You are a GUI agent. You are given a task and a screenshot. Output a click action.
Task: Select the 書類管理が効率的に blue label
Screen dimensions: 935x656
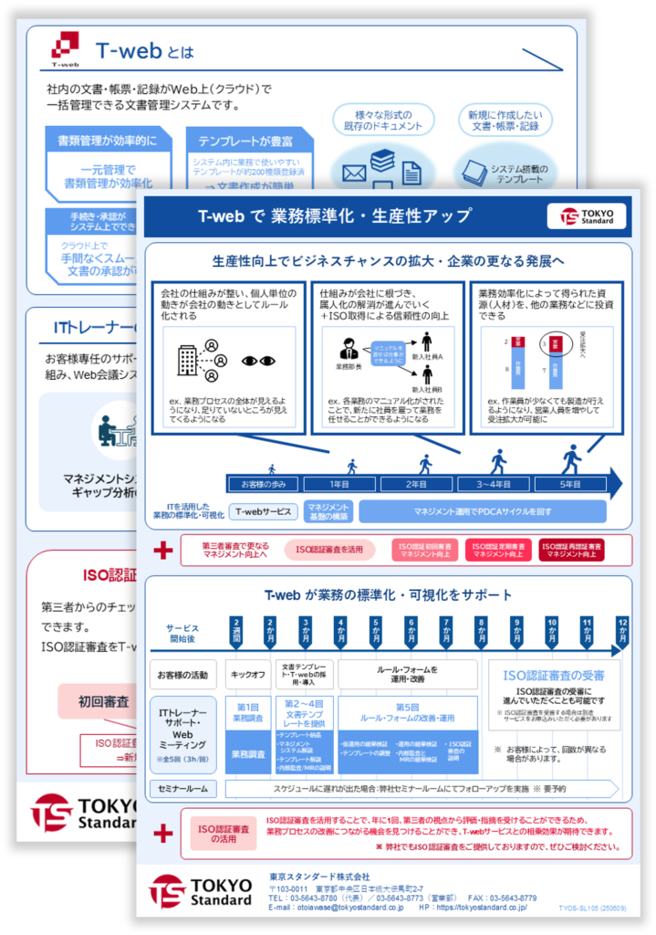click(100, 141)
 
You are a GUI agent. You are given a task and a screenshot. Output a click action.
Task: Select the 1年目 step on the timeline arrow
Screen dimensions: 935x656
click(339, 485)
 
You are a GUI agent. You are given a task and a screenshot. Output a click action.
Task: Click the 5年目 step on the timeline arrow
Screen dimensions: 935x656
click(570, 485)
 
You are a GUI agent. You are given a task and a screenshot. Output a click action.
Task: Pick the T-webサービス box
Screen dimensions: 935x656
click(265, 511)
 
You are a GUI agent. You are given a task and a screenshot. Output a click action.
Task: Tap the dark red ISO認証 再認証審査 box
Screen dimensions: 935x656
click(571, 550)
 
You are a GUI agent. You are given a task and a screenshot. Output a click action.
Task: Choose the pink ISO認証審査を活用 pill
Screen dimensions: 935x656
click(329, 550)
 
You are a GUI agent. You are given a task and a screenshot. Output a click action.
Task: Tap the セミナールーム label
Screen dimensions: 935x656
click(183, 787)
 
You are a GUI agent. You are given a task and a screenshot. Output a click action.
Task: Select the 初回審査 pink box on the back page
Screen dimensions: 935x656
click(102, 701)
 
